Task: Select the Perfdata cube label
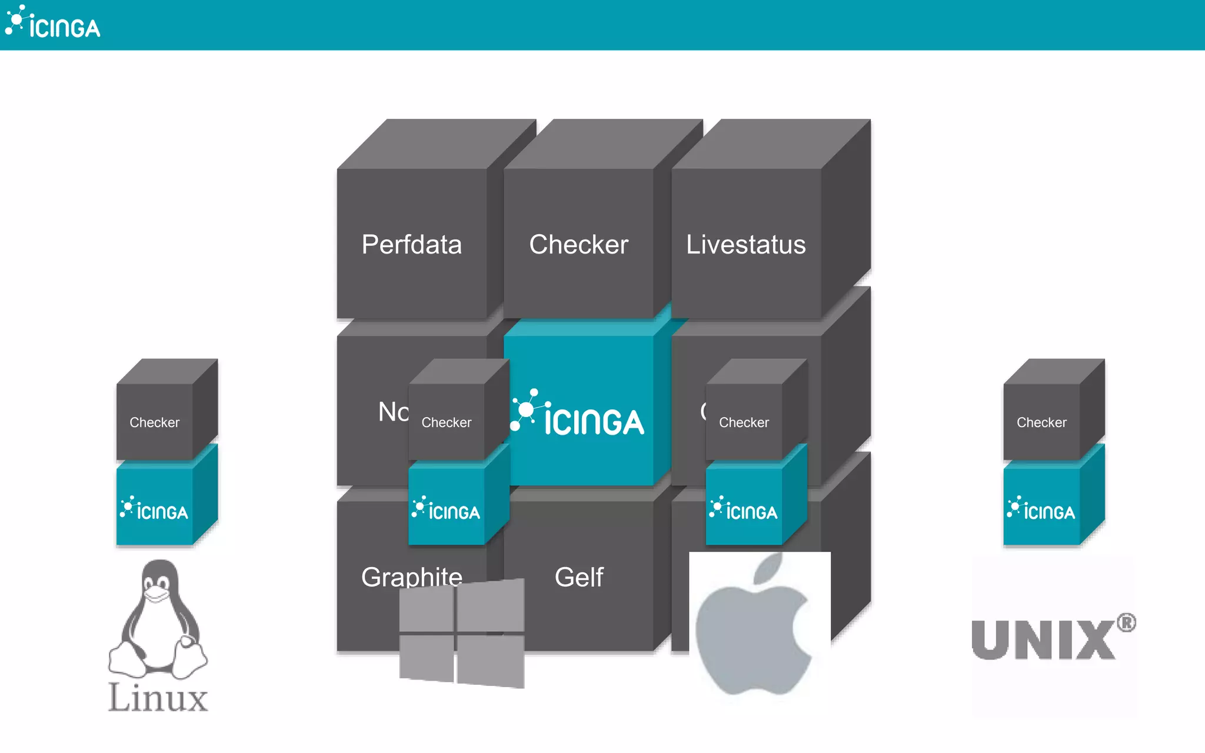coord(411,245)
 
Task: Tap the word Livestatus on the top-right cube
coord(745,245)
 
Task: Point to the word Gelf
coord(579,577)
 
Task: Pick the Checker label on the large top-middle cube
coord(578,245)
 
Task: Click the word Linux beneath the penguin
coord(158,698)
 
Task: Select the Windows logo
coord(462,633)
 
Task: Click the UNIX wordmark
coord(1043,640)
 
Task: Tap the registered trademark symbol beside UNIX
coord(1126,622)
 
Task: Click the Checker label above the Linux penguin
coord(154,422)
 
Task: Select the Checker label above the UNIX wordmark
coord(1041,422)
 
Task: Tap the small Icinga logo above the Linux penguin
coord(154,509)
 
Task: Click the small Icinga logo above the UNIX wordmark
coord(1041,509)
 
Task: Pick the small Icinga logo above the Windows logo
coord(446,509)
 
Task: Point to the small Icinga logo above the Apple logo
coord(744,509)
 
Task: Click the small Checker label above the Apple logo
coord(744,422)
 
